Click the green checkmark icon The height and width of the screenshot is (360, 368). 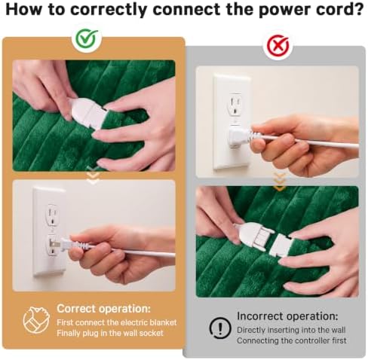(87, 38)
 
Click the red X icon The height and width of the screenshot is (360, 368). (278, 45)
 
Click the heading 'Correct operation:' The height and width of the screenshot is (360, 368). (103, 308)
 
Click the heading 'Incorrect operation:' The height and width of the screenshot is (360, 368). (287, 316)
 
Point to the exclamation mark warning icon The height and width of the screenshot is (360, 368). (220, 328)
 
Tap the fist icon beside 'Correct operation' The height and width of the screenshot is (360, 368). (36, 319)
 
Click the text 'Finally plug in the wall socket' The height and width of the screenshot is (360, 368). (110, 333)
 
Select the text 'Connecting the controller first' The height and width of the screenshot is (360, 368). (292, 340)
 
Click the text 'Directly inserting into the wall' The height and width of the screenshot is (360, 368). (291, 330)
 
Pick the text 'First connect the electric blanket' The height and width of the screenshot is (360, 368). (117, 322)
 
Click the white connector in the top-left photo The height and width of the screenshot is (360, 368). (87, 112)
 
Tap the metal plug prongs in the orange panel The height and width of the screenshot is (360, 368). (54, 244)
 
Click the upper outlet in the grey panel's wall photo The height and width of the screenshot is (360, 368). (235, 105)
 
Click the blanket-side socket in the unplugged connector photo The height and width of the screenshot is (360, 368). (281, 246)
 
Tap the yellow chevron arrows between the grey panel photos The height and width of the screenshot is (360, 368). (280, 182)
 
